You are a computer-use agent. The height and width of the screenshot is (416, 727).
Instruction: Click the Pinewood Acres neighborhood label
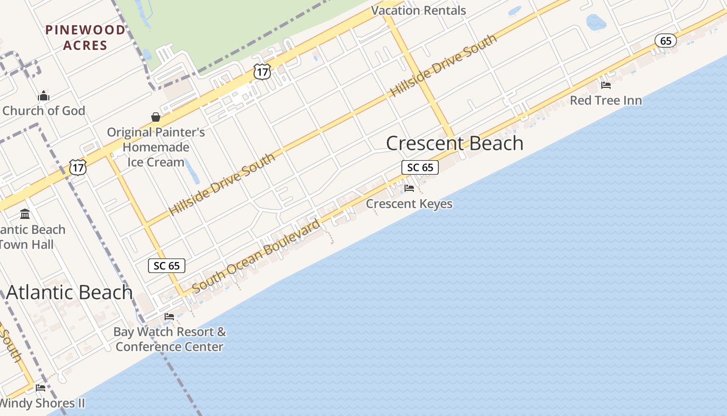[x=86, y=37]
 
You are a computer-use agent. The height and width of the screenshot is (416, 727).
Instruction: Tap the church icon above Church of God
[x=44, y=96]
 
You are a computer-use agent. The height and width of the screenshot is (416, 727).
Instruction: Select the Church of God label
[x=44, y=111]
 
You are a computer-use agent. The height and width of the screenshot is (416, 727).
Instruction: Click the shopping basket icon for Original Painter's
[x=156, y=116]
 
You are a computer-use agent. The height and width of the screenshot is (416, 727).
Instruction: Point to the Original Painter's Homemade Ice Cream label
[x=156, y=147]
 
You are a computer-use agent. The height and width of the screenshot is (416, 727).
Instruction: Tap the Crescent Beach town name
[x=454, y=144]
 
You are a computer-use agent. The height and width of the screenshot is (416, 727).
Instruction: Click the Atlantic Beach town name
[x=70, y=292]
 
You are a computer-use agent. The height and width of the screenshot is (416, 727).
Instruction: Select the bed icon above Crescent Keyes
[x=409, y=188]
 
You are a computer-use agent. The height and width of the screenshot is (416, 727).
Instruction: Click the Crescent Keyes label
[x=409, y=204]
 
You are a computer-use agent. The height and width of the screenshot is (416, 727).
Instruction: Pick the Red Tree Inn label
[x=605, y=100]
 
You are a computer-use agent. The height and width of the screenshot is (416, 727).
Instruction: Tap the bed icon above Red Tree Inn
[x=605, y=85]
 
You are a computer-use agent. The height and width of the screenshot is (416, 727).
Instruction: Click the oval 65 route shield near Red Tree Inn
[x=665, y=41]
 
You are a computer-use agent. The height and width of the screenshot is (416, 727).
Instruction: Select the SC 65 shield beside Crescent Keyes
[x=420, y=167]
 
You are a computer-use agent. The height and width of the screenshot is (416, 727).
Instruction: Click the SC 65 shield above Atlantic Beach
[x=167, y=266]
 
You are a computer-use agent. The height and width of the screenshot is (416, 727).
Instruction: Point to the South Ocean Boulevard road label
[x=256, y=256]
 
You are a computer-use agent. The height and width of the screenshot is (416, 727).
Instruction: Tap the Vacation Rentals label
[x=419, y=10]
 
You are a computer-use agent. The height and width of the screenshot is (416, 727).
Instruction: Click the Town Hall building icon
[x=25, y=214]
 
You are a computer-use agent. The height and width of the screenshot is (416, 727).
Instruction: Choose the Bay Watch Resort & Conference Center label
[x=170, y=339]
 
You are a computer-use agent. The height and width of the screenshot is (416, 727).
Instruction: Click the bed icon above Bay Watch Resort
[x=169, y=316]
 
